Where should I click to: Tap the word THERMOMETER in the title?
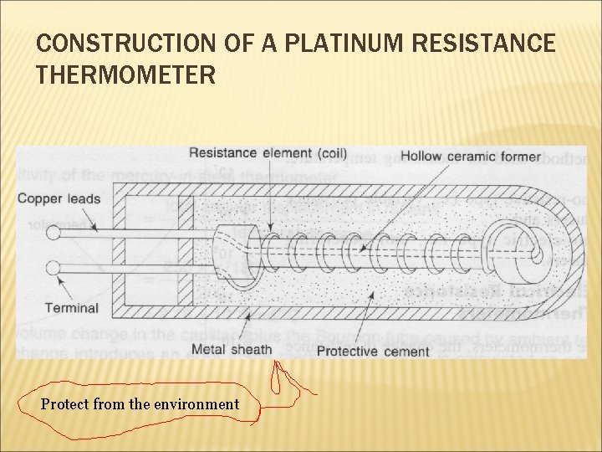126,76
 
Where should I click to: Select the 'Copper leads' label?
59,199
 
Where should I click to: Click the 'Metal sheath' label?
232,349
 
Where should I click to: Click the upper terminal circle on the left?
53,234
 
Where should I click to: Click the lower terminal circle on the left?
53,269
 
